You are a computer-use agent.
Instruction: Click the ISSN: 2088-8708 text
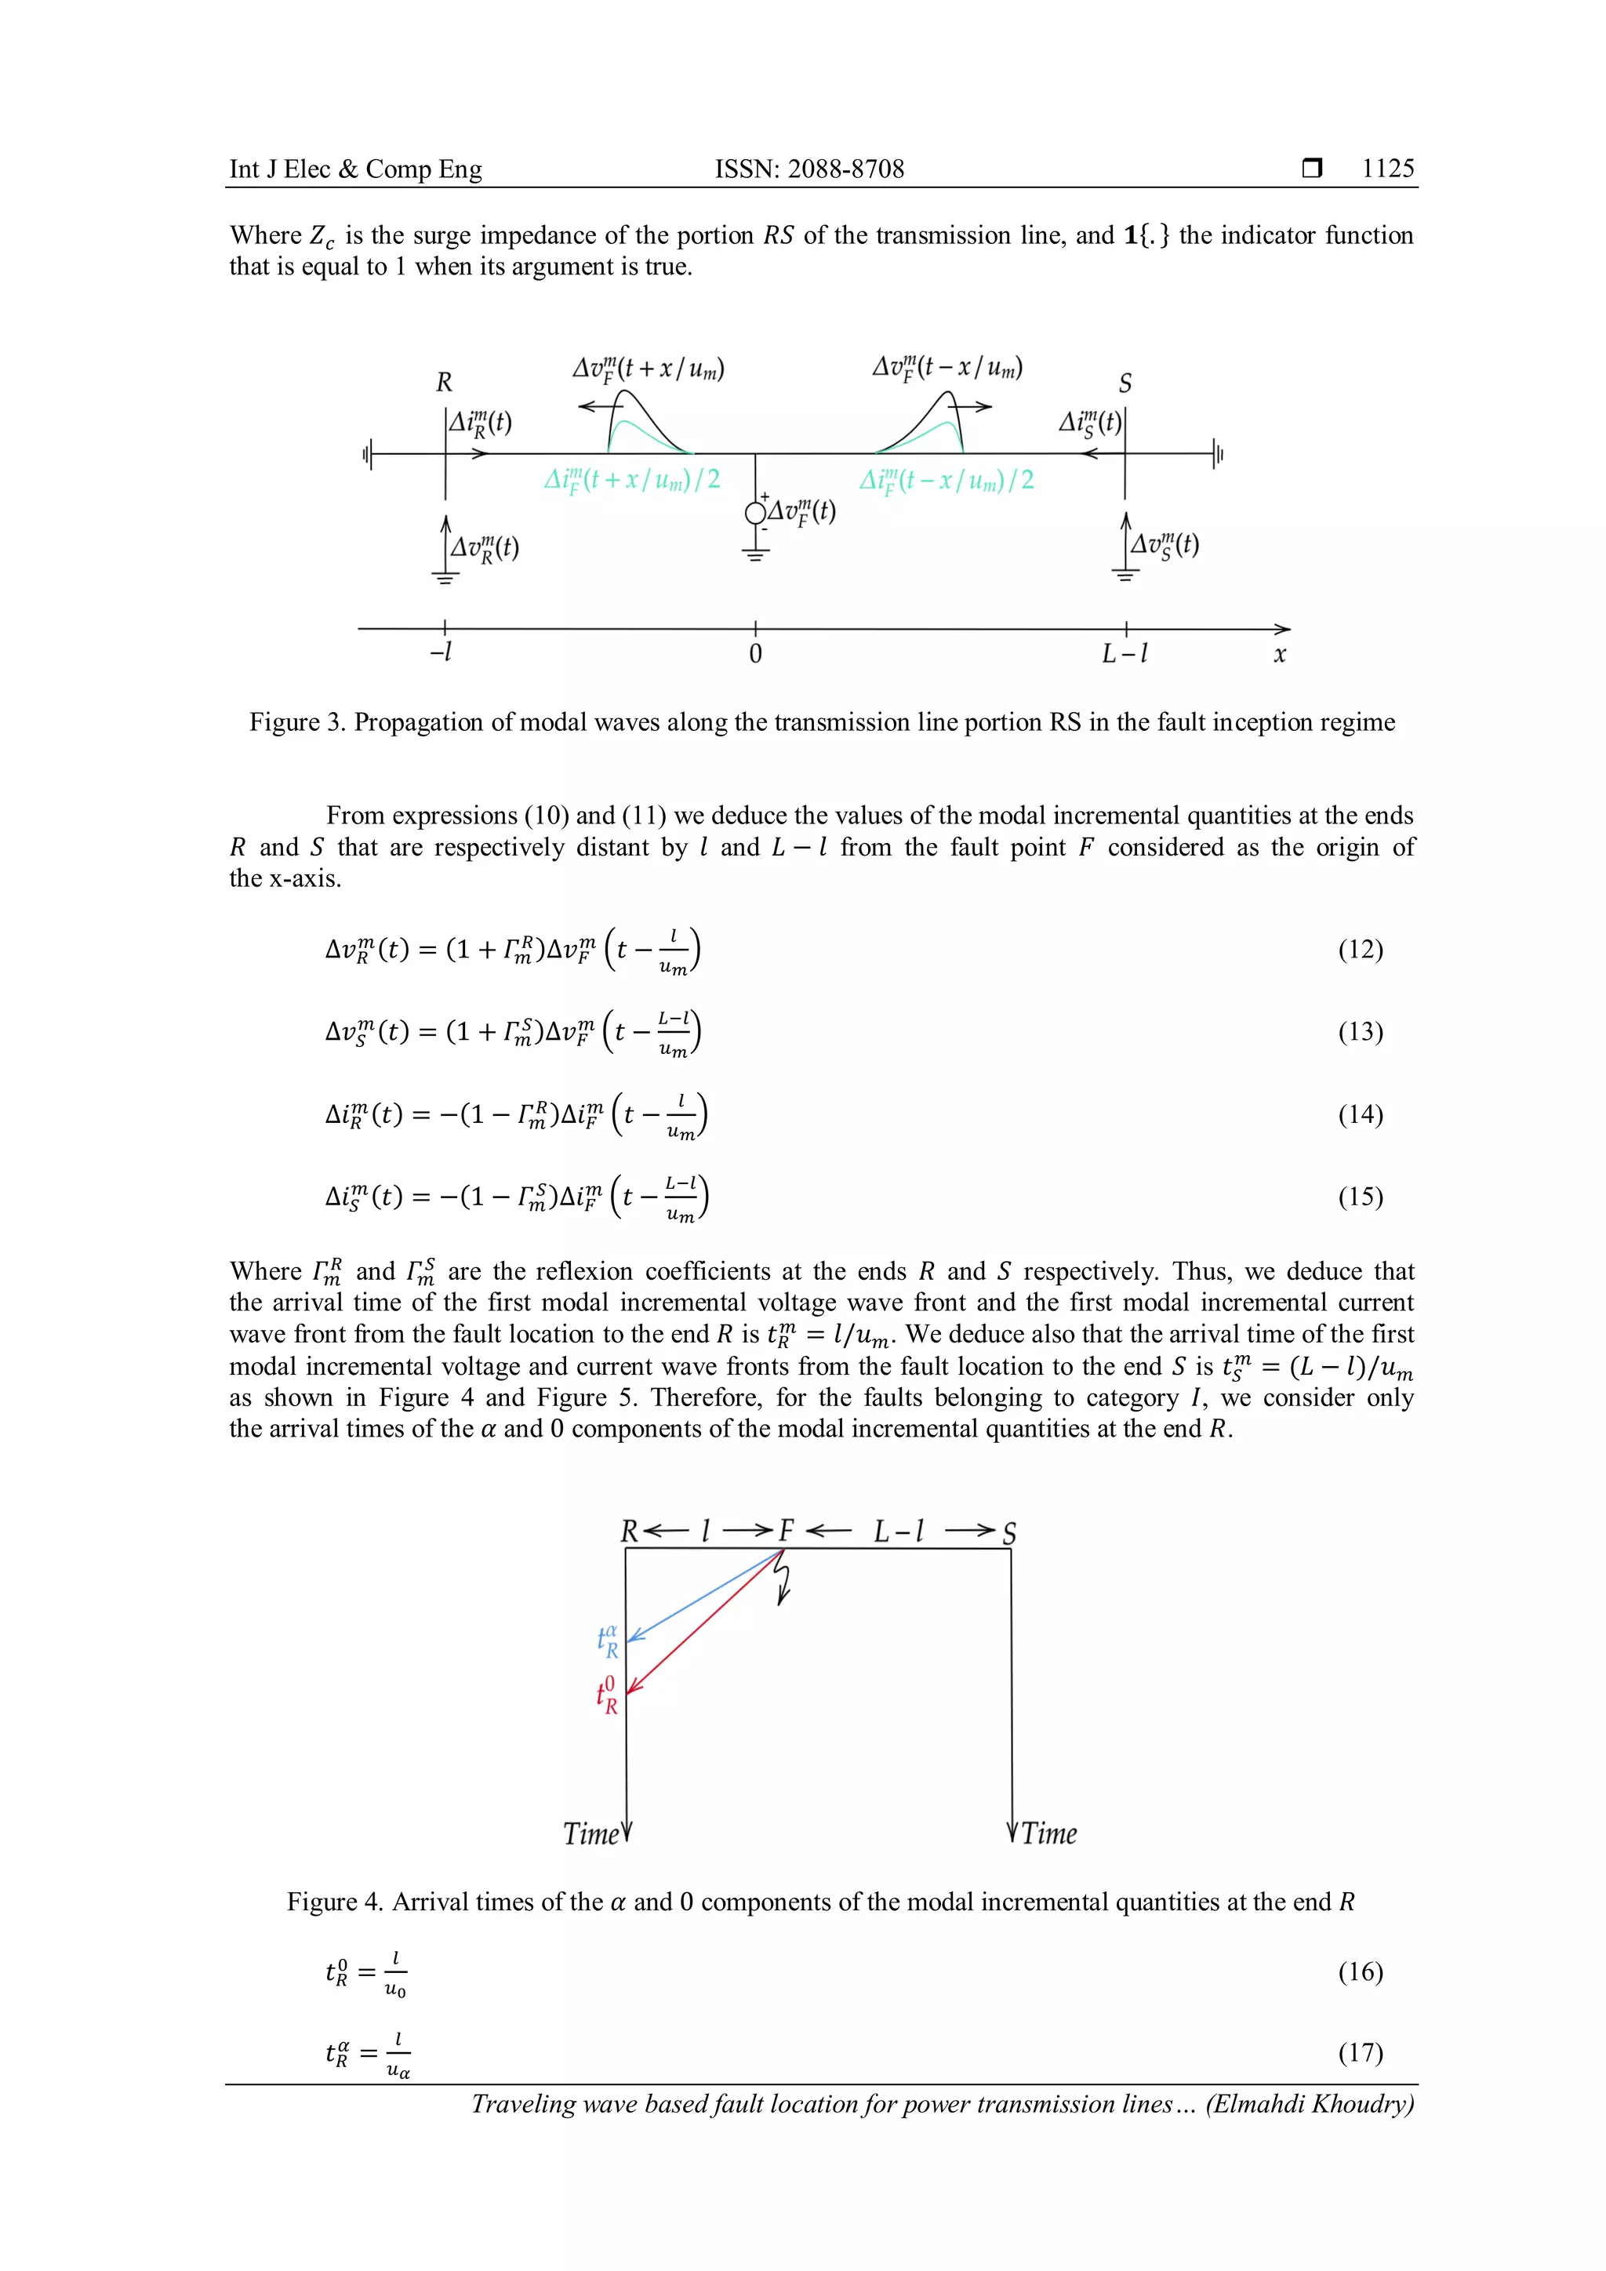point(809,169)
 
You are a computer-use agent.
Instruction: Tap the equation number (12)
point(1360,950)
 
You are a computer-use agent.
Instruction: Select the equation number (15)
point(1360,1197)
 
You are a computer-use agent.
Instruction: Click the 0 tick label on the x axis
point(755,655)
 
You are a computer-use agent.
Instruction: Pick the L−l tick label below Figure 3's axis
point(1125,654)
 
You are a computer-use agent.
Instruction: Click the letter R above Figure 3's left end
point(444,383)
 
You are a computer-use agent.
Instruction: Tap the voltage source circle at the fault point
point(755,512)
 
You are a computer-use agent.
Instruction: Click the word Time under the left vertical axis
point(590,1833)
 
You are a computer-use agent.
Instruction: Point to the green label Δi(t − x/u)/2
point(947,481)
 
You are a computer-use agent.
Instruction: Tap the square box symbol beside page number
point(1311,168)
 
